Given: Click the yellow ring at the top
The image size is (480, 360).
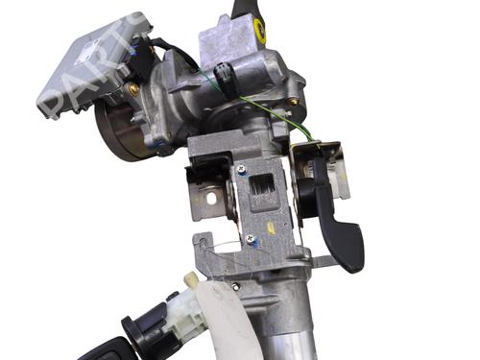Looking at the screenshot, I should (258, 33).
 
